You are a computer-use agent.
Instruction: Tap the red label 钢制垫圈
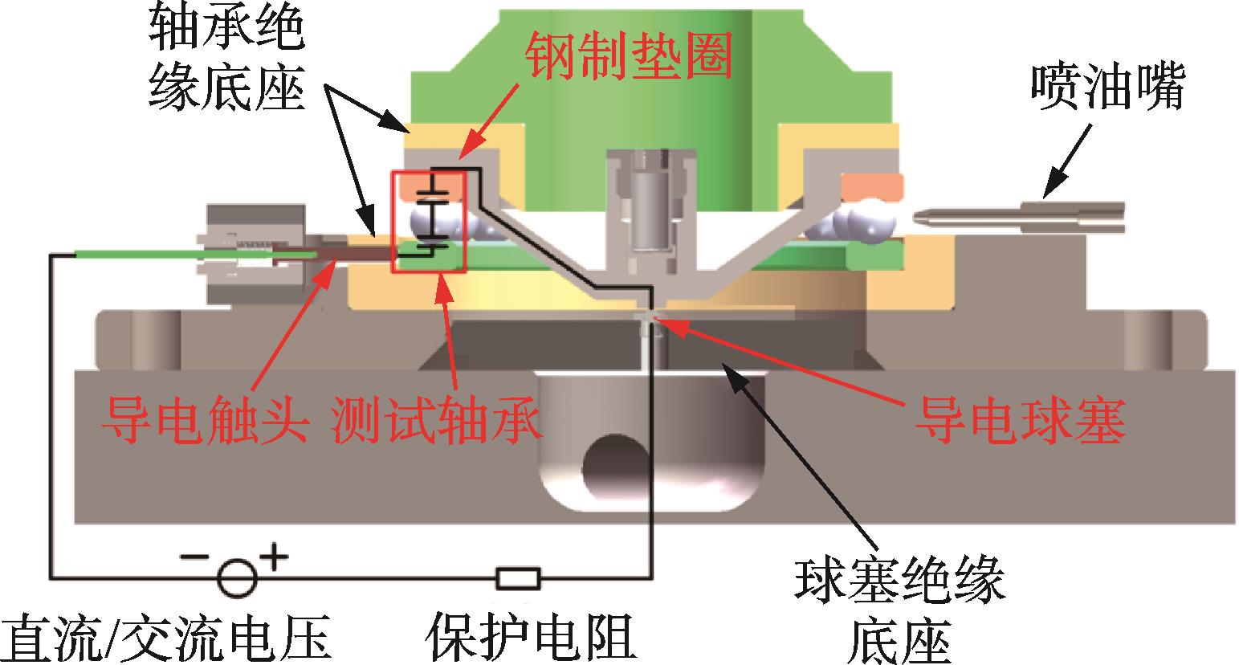[x=629, y=55]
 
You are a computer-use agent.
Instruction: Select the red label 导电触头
[x=206, y=418]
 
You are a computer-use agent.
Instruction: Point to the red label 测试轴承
[x=435, y=418]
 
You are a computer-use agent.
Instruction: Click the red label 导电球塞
[x=1021, y=421]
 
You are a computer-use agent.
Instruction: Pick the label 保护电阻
[x=531, y=637]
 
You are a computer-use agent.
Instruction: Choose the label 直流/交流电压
[x=167, y=638]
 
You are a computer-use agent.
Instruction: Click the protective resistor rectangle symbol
[x=518, y=579]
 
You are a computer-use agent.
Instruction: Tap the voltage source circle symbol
[x=238, y=579]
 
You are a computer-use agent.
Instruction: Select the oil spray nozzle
[x=1018, y=218]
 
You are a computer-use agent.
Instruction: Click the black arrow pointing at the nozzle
[x=1067, y=161]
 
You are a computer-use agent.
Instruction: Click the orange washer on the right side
[x=872, y=186]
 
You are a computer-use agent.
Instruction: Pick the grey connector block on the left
[x=256, y=254]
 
